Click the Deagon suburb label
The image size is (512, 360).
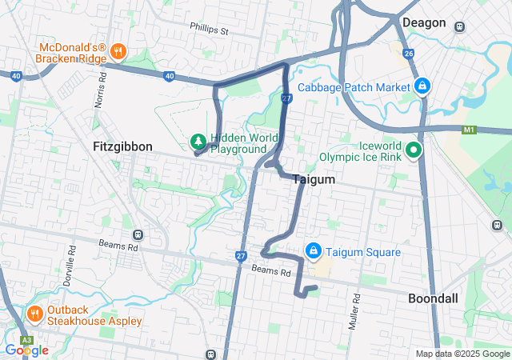tap(423, 22)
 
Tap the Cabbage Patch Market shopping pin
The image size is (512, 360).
tap(422, 86)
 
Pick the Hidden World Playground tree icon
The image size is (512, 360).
tap(198, 142)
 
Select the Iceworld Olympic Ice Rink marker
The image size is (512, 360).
tap(413, 150)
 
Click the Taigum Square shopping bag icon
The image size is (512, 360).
tap(313, 252)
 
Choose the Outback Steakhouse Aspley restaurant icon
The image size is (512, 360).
tap(34, 313)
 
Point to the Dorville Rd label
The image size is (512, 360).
tap(71, 259)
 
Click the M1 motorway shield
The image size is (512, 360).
tap(470, 129)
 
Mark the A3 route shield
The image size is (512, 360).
tap(25, 340)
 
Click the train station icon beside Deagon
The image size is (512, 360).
tap(459, 26)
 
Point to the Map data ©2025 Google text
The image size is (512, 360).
tap(462, 354)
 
